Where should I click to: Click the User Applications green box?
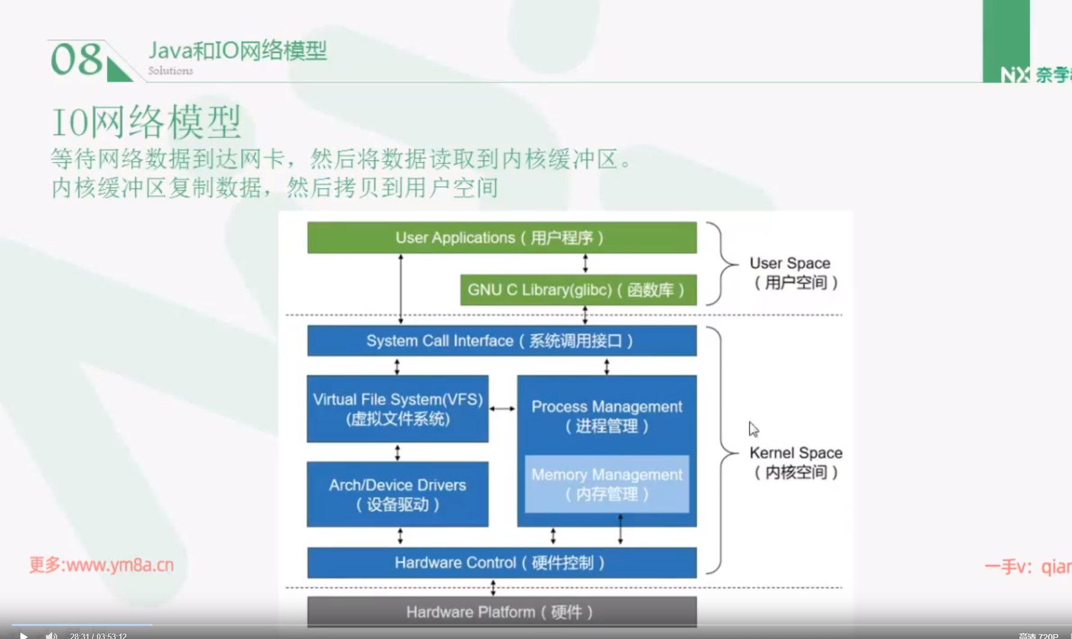(x=502, y=238)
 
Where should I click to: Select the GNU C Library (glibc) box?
(x=578, y=290)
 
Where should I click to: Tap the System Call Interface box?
(x=502, y=341)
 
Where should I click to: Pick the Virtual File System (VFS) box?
(x=397, y=409)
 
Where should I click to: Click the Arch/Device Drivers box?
(x=397, y=494)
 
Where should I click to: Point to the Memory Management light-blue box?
(x=607, y=484)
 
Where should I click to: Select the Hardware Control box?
(x=502, y=563)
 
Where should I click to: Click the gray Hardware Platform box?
(x=502, y=612)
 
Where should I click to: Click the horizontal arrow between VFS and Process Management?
(x=502, y=409)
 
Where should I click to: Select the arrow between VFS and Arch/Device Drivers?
(x=397, y=452)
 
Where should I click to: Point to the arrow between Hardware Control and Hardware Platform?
(x=493, y=587)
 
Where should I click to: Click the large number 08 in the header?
(x=77, y=59)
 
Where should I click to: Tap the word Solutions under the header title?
(x=170, y=71)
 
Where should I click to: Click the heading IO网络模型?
(x=146, y=122)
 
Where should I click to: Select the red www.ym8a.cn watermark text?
(x=101, y=565)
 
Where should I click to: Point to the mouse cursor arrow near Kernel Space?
(x=753, y=429)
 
